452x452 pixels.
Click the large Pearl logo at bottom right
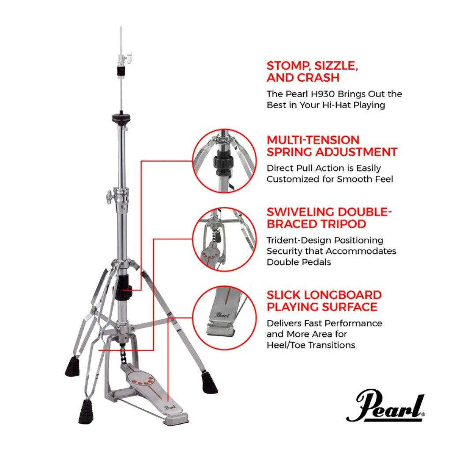tap(385, 406)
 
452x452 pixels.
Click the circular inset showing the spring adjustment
tap(225, 161)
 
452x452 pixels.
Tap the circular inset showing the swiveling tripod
tap(225, 239)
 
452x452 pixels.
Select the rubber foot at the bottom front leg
tap(86, 411)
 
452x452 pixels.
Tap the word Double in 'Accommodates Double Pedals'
tap(281, 262)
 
